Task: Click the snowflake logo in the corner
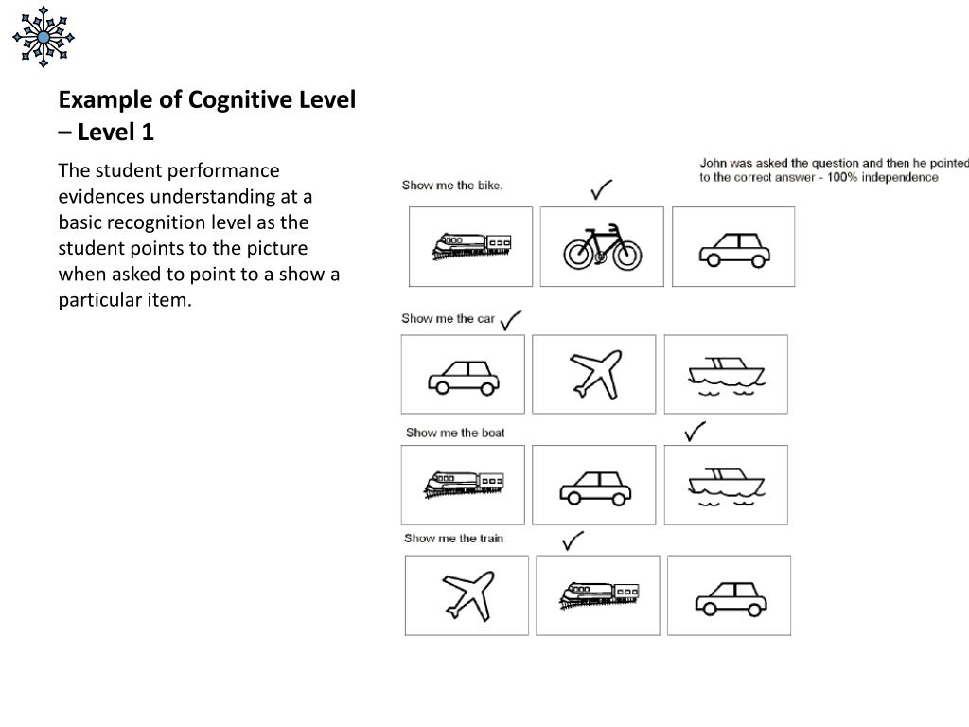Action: point(44,37)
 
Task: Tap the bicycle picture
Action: point(602,247)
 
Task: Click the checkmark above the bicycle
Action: point(601,190)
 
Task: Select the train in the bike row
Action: point(471,246)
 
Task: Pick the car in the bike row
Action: point(733,248)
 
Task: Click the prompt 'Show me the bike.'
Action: point(452,186)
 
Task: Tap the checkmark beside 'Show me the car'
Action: point(511,320)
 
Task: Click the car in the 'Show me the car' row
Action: point(463,376)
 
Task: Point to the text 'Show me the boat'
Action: point(455,433)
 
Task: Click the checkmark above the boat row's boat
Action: point(696,432)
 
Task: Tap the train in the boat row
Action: point(463,485)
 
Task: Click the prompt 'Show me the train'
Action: point(453,539)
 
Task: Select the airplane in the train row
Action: point(467,594)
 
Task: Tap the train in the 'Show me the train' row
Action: point(598,594)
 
